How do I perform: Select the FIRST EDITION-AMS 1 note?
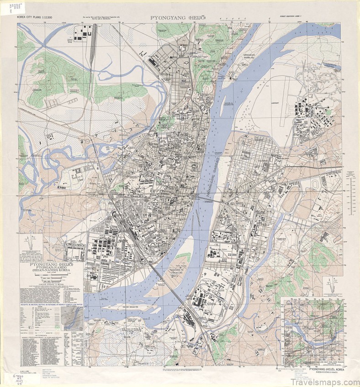[x=295, y=17]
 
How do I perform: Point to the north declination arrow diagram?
[x=31, y=246]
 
